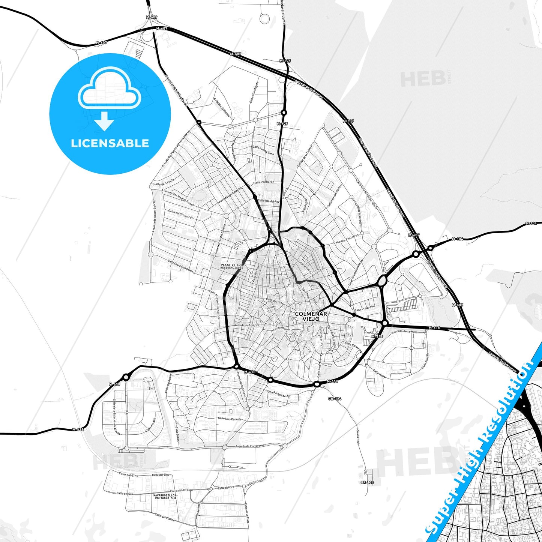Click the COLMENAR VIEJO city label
[311, 316]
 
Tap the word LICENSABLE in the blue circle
[110, 143]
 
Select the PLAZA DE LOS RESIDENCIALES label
[231, 266]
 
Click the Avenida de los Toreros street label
[249, 446]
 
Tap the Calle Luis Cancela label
[230, 419]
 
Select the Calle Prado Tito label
[365, 308]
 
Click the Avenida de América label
[246, 325]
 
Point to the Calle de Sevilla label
[164, 182]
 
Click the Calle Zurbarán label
[264, 182]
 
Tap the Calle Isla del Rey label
[269, 201]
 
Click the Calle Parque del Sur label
[279, 393]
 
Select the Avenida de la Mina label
[404, 332]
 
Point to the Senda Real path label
[358, 437]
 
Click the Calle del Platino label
[165, 517]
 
